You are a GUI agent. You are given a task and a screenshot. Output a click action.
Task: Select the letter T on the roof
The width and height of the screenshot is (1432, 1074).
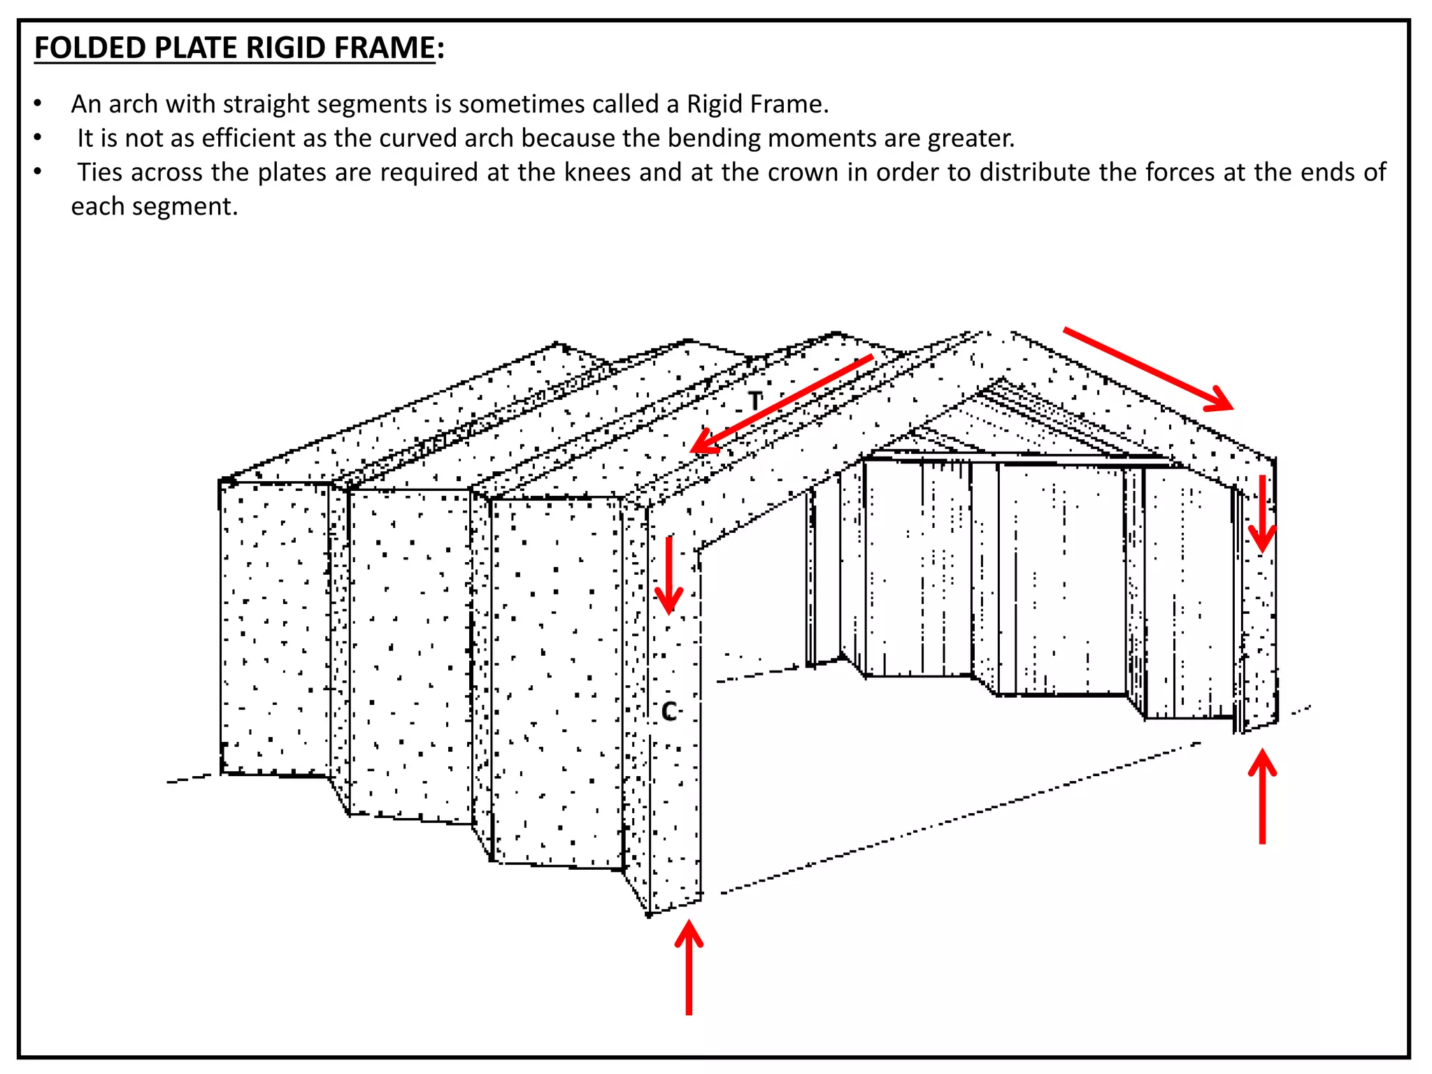tap(754, 401)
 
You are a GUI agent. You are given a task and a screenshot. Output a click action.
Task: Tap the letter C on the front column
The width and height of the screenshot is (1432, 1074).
tap(669, 712)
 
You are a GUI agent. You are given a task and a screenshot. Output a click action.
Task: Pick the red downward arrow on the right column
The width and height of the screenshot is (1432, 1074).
tap(1262, 514)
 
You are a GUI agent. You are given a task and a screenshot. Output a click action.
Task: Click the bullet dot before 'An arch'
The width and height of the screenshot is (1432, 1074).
tap(38, 105)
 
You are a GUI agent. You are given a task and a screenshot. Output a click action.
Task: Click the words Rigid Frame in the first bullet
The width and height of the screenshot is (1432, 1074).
tap(757, 104)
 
